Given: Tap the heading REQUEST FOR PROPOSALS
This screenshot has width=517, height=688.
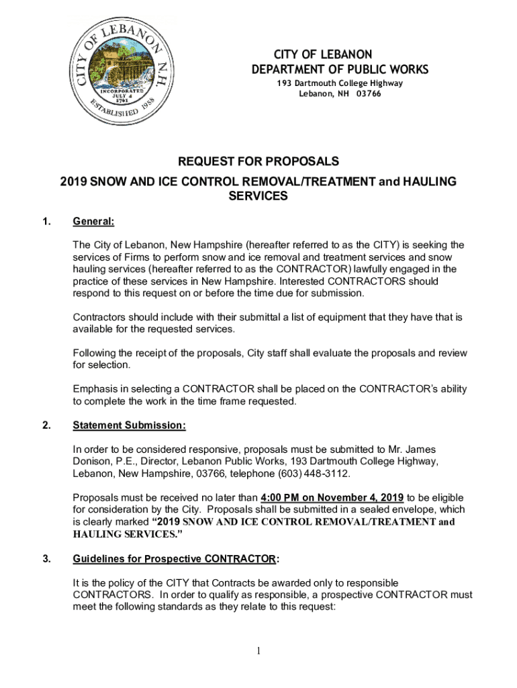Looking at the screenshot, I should [x=258, y=162].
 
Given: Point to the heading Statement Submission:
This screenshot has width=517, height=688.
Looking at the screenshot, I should [x=129, y=426].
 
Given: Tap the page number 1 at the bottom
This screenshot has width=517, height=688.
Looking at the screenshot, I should [x=258, y=651].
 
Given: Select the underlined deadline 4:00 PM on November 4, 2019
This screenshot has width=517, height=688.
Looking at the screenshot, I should [x=332, y=498].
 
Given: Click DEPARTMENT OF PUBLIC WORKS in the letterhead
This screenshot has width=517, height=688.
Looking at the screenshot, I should [x=339, y=70].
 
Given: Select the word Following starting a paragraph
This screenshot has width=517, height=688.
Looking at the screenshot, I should [x=97, y=353].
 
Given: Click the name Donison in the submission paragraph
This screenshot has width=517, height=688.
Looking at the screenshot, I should [x=91, y=462].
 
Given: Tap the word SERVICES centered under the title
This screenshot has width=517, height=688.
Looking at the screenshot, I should [x=258, y=197].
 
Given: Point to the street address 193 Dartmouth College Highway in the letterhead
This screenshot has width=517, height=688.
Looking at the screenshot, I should [x=340, y=83].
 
